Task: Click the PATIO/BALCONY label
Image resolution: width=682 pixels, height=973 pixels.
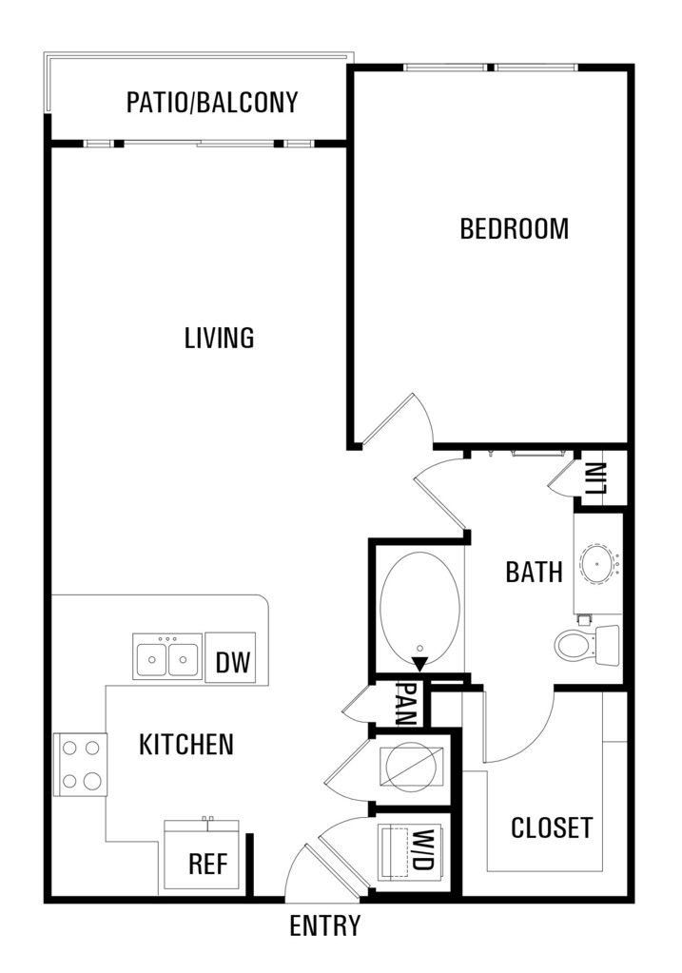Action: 212,103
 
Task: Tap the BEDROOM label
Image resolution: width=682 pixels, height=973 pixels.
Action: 515,229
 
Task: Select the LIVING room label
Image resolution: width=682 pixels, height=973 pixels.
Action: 220,339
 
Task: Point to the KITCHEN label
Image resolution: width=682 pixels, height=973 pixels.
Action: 186,745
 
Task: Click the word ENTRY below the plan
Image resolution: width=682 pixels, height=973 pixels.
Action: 324,925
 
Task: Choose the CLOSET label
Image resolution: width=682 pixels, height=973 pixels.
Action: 552,827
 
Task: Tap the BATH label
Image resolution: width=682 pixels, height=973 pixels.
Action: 535,572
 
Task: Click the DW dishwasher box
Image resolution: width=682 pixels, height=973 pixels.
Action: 230,658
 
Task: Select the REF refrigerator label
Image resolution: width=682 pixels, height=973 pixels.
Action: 208,864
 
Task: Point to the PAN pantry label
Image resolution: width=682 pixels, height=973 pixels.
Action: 407,705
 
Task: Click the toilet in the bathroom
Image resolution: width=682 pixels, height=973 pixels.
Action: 587,646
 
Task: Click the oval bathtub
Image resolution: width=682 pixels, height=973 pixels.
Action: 420,606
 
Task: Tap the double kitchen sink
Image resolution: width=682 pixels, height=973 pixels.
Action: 167,656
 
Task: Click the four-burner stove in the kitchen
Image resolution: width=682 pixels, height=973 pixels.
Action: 81,764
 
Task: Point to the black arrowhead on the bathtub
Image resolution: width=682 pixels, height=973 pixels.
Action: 420,663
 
